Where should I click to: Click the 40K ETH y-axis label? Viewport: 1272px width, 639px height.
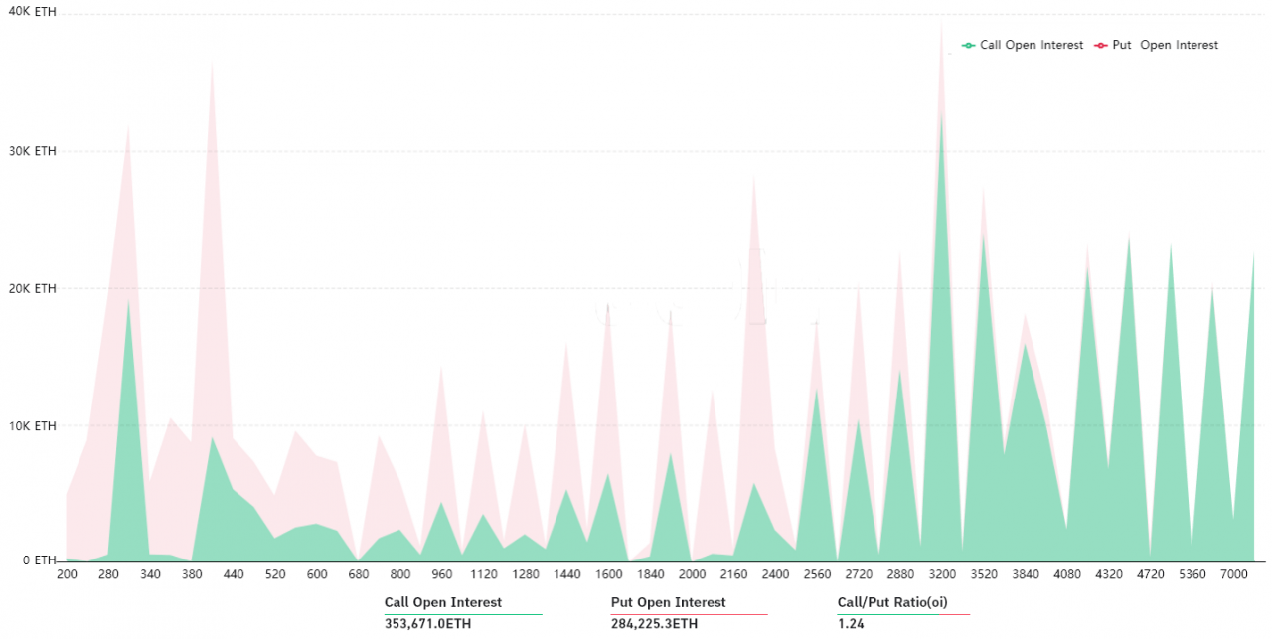pyautogui.click(x=32, y=11)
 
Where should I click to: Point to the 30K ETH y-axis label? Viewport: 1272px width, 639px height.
pyautogui.click(x=32, y=151)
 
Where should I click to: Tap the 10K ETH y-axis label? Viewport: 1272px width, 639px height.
pyautogui.click(x=32, y=425)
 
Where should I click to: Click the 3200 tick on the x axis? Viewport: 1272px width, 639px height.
pyautogui.click(x=942, y=575)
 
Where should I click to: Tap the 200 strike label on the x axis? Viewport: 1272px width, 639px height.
pyautogui.click(x=67, y=575)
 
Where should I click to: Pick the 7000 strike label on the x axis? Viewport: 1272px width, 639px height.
pyautogui.click(x=1233, y=575)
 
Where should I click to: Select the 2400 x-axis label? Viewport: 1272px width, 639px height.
pyautogui.click(x=775, y=575)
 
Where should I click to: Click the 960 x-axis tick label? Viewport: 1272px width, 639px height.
pyautogui.click(x=442, y=575)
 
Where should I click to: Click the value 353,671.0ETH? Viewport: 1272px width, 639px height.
pyautogui.click(x=427, y=624)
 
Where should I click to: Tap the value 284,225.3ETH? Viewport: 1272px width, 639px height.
pyautogui.click(x=654, y=624)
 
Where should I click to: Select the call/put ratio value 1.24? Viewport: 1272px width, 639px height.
pyautogui.click(x=851, y=624)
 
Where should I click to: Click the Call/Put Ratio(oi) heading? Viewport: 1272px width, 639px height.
pyautogui.click(x=888, y=602)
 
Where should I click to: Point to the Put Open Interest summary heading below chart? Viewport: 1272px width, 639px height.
pyautogui.click(x=668, y=602)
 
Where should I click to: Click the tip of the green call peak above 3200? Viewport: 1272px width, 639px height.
pyautogui.click(x=941, y=111)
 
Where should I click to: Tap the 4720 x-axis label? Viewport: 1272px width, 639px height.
pyautogui.click(x=1150, y=575)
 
